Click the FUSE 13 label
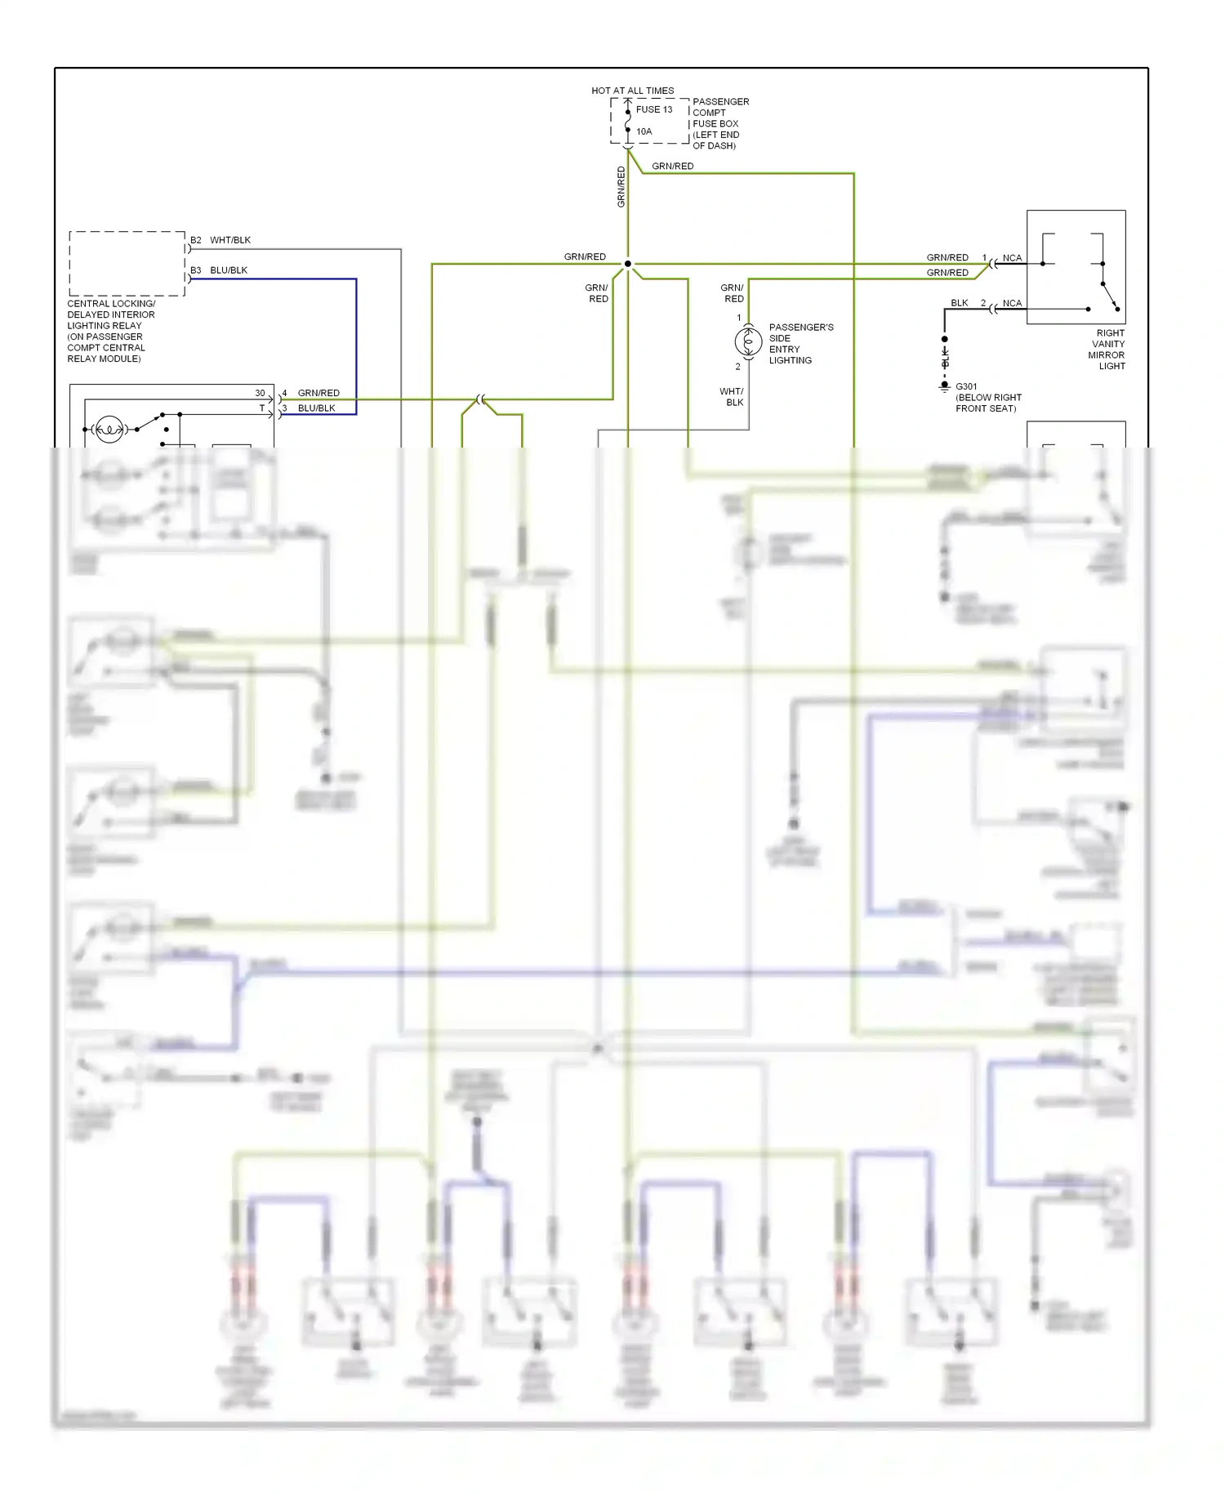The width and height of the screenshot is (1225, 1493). (x=653, y=109)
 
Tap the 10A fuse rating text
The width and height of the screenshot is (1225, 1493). (x=644, y=131)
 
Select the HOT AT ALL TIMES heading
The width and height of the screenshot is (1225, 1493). (x=632, y=91)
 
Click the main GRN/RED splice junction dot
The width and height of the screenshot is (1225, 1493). (x=627, y=264)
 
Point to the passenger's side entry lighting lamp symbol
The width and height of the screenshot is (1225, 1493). (x=748, y=341)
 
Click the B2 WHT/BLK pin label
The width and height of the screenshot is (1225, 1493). (x=220, y=240)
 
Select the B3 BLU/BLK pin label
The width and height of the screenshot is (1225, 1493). (x=219, y=270)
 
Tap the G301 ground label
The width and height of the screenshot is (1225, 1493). (x=966, y=386)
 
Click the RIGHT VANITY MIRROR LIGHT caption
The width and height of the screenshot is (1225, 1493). (x=1108, y=350)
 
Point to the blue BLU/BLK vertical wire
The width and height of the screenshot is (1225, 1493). (x=356, y=343)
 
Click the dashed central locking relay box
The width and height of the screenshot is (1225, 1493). (x=127, y=263)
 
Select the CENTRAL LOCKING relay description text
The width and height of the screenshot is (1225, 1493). (x=110, y=331)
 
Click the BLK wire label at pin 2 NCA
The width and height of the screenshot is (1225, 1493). (x=959, y=303)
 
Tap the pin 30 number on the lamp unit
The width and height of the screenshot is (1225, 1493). (x=260, y=393)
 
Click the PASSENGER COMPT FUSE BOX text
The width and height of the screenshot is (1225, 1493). (x=719, y=123)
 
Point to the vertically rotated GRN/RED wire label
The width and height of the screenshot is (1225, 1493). (x=621, y=186)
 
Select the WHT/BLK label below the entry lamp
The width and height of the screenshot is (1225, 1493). (x=732, y=397)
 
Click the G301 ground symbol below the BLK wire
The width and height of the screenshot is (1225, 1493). (x=945, y=387)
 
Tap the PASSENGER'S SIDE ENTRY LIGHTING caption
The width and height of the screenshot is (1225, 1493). (x=800, y=344)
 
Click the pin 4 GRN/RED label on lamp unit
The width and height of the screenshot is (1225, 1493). (x=318, y=393)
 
